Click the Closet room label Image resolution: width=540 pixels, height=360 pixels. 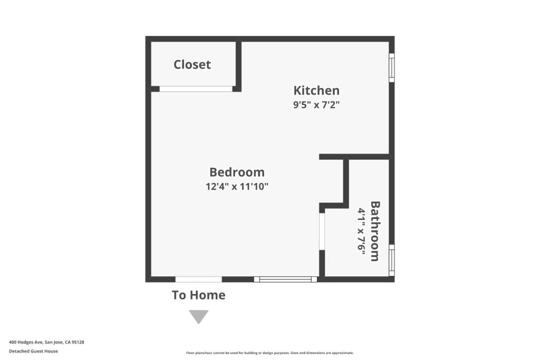pyautogui.click(x=192, y=64)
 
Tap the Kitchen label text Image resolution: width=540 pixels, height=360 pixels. pyautogui.click(x=316, y=90)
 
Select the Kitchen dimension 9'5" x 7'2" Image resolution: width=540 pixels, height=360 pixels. pyautogui.click(x=316, y=104)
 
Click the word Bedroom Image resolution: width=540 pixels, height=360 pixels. pyautogui.click(x=237, y=172)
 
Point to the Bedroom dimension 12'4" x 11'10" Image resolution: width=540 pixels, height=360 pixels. pyautogui.click(x=237, y=186)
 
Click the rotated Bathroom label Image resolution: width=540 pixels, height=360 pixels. pyautogui.click(x=375, y=230)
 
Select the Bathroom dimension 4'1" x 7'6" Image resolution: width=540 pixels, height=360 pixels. pyautogui.click(x=362, y=231)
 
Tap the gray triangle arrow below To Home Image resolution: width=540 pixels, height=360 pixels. pyautogui.click(x=199, y=316)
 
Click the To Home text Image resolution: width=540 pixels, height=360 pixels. pyautogui.click(x=198, y=295)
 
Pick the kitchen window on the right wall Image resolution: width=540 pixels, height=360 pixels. pyautogui.click(x=391, y=67)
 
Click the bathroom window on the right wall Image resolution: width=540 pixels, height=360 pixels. pyautogui.click(x=391, y=260)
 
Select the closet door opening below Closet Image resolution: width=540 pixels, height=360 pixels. pyautogui.click(x=196, y=89)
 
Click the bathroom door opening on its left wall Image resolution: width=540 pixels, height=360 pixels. pyautogui.click(x=322, y=231)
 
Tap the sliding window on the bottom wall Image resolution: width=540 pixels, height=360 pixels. pyautogui.click(x=285, y=279)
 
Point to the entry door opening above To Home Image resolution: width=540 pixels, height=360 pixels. pyautogui.click(x=198, y=279)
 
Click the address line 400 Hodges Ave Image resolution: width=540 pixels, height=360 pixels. pyautogui.click(x=46, y=342)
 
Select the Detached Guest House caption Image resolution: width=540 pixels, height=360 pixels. pyautogui.click(x=33, y=351)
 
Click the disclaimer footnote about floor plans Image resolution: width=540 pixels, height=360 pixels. pyautogui.click(x=269, y=353)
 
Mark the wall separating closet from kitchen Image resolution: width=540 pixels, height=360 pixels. pyautogui.click(x=238, y=64)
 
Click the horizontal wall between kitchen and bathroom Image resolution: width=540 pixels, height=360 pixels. pyautogui.click(x=354, y=157)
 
